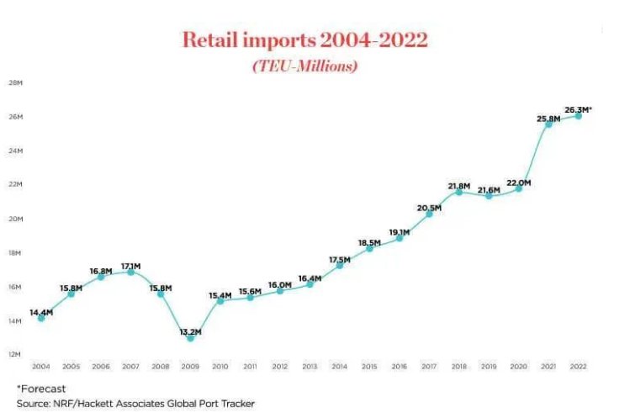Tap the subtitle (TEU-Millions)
pos(304,66)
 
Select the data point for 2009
pos(190,337)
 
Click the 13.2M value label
pos(190,331)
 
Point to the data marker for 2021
pos(548,124)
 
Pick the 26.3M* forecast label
pos(579,109)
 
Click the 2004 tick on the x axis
pos(40,367)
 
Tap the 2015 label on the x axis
pos(369,367)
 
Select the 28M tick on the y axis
pos(15,82)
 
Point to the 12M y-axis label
pos(15,354)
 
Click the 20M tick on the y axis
pos(15,219)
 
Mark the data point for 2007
pos(130,272)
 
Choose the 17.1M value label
pos(130,266)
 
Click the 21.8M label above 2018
pos(459,186)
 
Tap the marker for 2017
pos(429,214)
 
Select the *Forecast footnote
pos(35,389)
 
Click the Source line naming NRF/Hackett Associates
pos(135,403)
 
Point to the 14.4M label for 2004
pos(42,312)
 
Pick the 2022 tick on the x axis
pos(578,367)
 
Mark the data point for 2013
pos(310,284)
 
